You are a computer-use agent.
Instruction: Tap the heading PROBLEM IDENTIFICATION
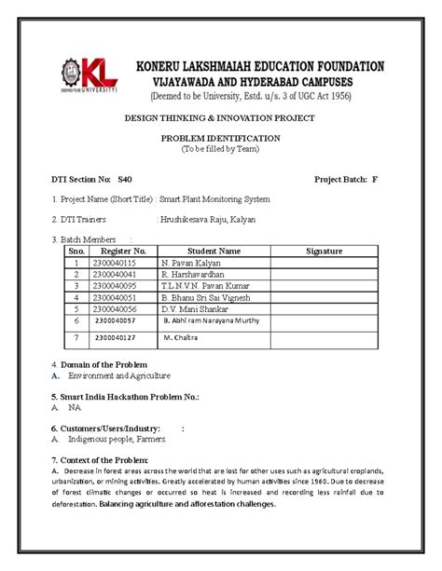[x=221, y=137]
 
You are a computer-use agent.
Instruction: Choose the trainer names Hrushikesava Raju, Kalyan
[x=207, y=220]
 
